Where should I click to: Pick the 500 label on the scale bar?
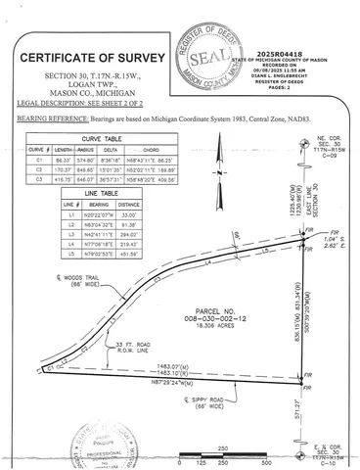(x=267, y=459)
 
